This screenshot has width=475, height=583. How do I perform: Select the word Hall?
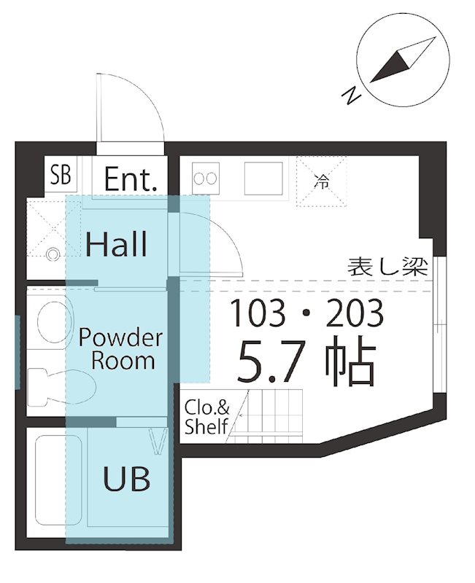click(x=116, y=243)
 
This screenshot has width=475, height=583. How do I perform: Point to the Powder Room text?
click(x=120, y=349)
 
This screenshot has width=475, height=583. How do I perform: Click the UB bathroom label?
click(x=126, y=479)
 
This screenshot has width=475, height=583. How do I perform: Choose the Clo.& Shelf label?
click(x=206, y=417)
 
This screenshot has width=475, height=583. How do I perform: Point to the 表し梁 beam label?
click(x=387, y=267)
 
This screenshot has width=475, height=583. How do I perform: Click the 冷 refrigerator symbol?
click(x=321, y=181)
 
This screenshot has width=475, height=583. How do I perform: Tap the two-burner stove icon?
click(x=205, y=177)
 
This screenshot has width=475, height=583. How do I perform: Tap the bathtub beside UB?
click(x=50, y=481)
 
